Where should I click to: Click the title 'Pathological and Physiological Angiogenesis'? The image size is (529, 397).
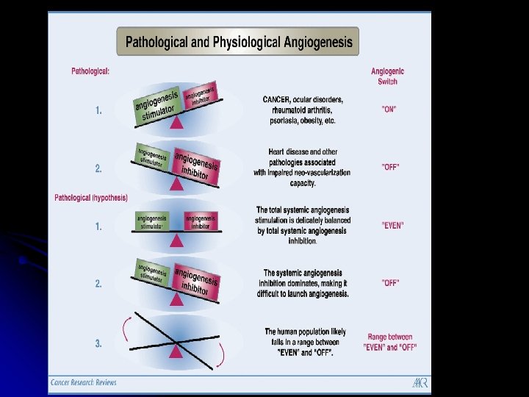point(239,42)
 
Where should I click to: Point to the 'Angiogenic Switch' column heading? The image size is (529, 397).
point(387,76)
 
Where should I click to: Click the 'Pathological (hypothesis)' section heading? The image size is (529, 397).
point(91,197)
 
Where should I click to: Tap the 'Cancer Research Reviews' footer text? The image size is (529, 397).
point(84,382)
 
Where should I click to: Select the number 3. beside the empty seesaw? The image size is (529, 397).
point(98,343)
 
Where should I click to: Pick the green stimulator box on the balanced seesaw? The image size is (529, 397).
point(152,221)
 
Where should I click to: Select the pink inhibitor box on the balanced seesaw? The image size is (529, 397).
point(201,221)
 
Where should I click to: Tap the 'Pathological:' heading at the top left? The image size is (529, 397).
point(90,71)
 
